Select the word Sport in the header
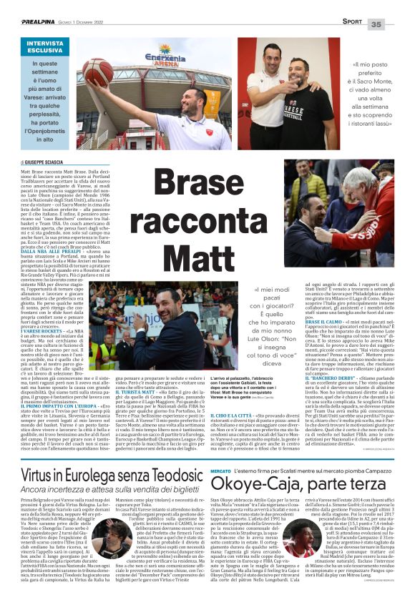click(351, 23)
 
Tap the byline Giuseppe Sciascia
click(47, 162)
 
